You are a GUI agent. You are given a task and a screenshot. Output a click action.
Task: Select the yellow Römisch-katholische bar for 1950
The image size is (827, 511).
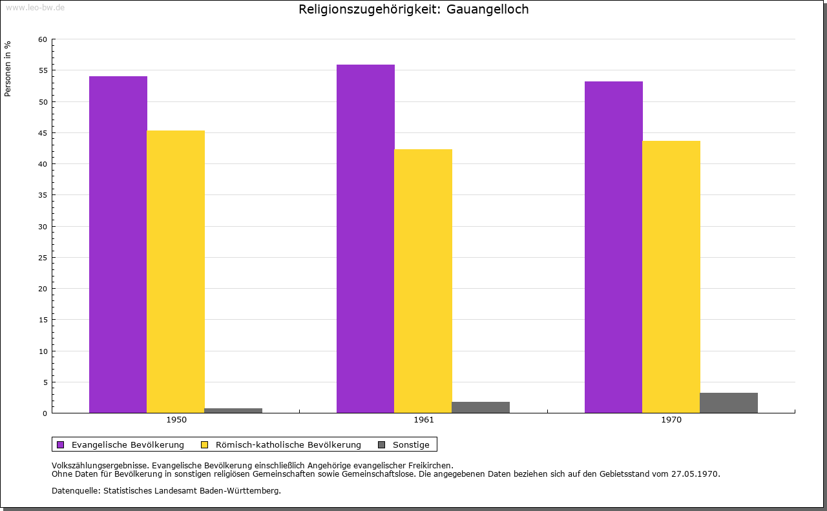pos(176,271)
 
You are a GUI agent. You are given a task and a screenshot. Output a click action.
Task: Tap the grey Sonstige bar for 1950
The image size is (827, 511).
pos(233,410)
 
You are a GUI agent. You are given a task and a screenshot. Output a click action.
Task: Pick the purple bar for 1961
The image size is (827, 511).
pos(366,238)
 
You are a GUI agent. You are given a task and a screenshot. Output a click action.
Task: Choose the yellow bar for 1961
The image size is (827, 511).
pos(423,281)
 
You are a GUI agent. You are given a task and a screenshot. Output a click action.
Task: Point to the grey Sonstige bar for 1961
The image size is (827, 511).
pos(481,407)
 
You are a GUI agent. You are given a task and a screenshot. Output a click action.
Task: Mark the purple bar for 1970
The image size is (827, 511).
pos(614,247)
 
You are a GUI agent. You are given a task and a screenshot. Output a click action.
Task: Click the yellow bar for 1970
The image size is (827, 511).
pos(671,276)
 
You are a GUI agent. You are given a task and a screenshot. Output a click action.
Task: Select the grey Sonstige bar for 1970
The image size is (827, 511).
pos(729,402)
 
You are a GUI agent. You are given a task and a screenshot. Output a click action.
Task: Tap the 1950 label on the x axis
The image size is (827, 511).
pos(176,420)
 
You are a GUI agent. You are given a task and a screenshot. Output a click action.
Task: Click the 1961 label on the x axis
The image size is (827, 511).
pos(424,420)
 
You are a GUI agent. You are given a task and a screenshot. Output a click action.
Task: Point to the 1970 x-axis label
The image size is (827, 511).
pos(671,420)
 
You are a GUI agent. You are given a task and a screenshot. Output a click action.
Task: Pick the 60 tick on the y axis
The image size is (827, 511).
pos(43,39)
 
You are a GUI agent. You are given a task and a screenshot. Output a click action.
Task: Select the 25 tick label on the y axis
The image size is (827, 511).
pos(43,258)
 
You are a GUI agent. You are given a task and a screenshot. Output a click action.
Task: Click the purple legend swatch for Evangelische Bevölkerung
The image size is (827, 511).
pos(61,444)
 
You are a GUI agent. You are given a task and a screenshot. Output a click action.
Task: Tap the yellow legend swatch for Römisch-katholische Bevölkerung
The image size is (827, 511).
pos(205,444)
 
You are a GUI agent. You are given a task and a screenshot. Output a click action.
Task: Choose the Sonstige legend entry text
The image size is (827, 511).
pos(411,444)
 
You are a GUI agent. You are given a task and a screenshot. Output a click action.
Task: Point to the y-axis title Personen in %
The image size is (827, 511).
pos(8,69)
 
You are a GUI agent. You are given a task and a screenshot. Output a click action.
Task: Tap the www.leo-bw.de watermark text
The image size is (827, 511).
pos(35,7)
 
